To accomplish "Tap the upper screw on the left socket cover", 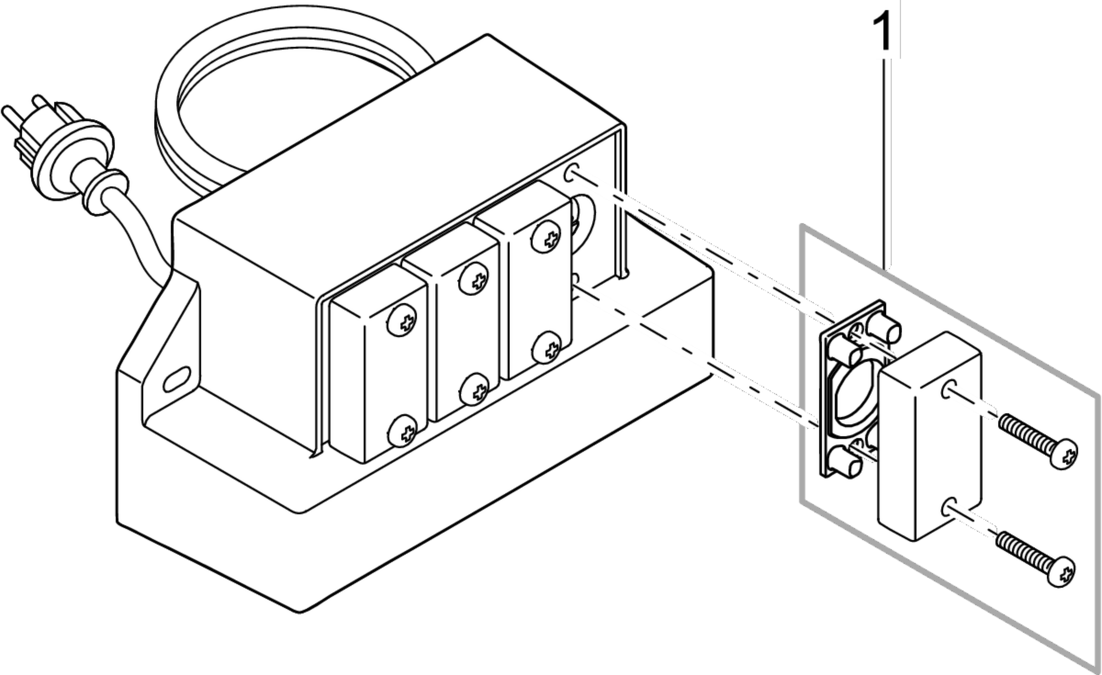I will tap(401, 321).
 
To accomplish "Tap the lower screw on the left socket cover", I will tap(402, 429).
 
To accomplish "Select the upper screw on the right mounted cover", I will tap(549, 240).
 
